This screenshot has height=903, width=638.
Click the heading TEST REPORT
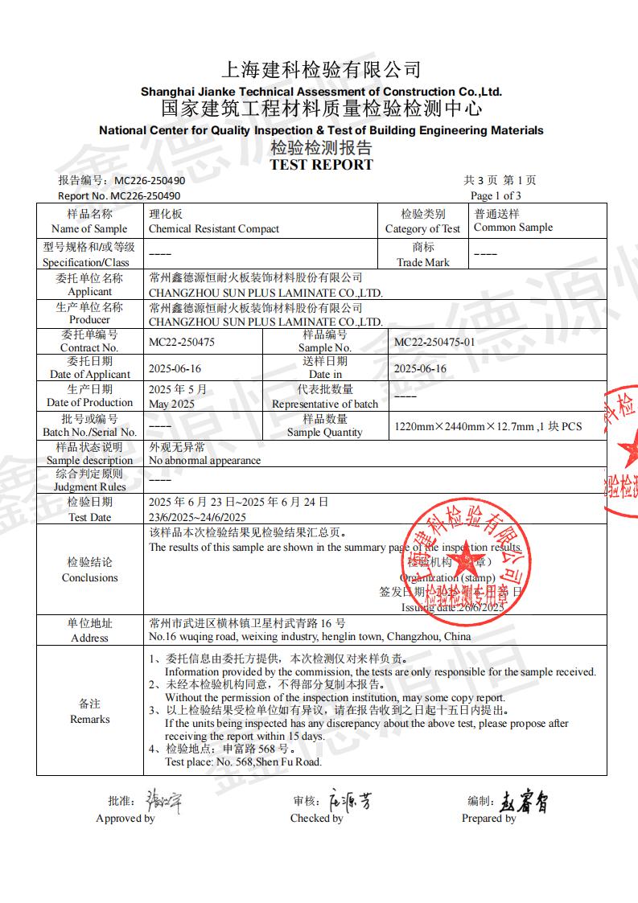click(321, 165)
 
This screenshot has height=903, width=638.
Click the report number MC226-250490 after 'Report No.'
click(146, 195)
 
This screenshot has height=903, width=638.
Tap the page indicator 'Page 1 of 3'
click(496, 195)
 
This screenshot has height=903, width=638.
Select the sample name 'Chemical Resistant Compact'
click(214, 228)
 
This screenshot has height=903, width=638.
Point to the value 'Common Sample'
click(513, 228)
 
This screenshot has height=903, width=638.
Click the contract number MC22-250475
click(182, 342)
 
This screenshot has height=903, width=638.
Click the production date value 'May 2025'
click(171, 404)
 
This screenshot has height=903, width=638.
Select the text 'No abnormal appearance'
click(205, 461)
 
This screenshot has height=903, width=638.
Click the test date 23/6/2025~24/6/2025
click(198, 517)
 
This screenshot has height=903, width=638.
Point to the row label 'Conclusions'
click(90, 577)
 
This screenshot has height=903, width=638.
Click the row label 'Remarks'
click(90, 719)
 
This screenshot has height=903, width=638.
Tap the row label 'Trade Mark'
click(423, 262)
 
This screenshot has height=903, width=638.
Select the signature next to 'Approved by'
click(163, 802)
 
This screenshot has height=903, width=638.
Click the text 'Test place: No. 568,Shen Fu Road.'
click(243, 761)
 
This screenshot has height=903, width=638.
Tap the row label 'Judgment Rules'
click(90, 486)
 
